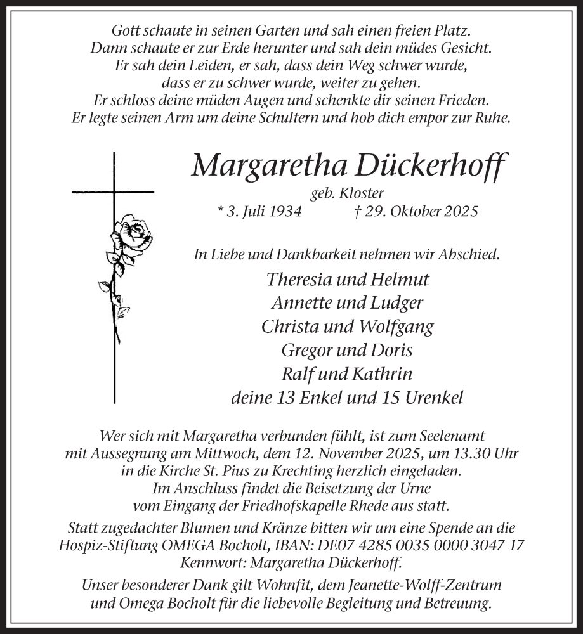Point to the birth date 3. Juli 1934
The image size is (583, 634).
tap(258, 211)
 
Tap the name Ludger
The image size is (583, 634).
tap(396, 302)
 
